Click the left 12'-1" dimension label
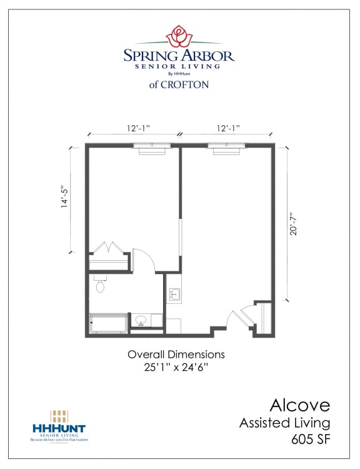138,128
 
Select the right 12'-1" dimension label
228,128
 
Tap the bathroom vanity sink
141,321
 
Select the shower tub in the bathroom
108,323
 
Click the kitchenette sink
174,293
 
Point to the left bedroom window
152,146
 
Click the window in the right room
226,146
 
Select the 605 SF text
310,439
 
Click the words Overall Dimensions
176,354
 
